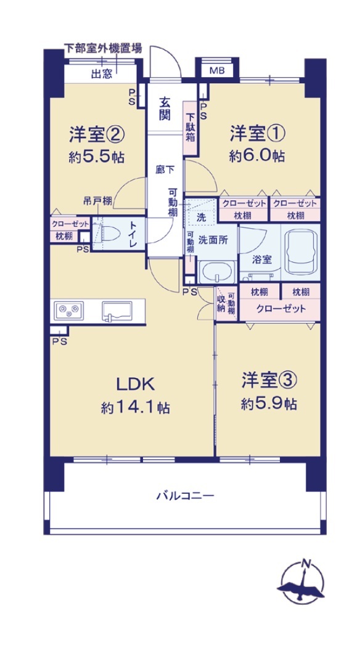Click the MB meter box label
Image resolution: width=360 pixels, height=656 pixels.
(217, 70)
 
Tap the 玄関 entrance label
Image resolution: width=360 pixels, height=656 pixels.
(165, 108)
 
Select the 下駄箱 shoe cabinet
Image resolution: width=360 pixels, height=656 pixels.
(190, 128)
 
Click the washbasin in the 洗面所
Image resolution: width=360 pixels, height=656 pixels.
(216, 272)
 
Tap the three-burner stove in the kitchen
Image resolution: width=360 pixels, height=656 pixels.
(69, 310)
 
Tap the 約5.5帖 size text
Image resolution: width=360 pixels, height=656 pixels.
(96, 157)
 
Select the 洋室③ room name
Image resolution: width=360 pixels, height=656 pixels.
(269, 381)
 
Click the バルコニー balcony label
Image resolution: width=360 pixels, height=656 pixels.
(185, 496)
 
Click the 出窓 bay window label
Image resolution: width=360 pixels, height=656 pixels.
(102, 75)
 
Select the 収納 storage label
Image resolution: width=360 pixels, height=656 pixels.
(221, 303)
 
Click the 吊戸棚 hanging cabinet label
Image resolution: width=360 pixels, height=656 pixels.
(96, 202)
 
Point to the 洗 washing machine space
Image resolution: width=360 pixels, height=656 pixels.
(202, 218)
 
